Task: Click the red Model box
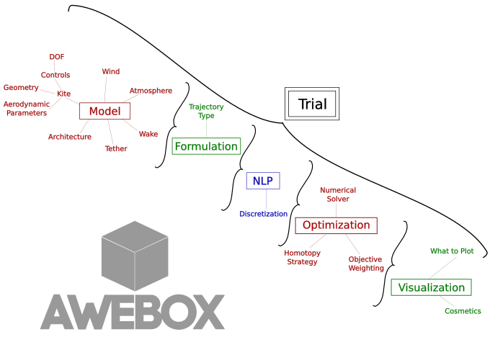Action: click(x=104, y=111)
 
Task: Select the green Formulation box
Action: click(x=206, y=146)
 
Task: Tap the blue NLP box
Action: click(x=262, y=181)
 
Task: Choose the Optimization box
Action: click(x=336, y=225)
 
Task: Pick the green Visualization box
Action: click(x=431, y=287)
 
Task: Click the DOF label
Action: click(x=57, y=57)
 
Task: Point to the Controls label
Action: click(x=55, y=75)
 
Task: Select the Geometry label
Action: click(x=21, y=88)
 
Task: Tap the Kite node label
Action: click(x=64, y=94)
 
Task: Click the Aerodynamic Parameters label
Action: click(x=27, y=109)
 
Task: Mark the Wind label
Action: click(x=111, y=72)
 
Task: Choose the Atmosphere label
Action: click(x=151, y=91)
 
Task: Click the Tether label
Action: click(x=116, y=148)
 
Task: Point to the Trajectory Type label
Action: click(x=206, y=111)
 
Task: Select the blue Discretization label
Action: click(x=264, y=214)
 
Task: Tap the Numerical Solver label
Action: click(x=338, y=194)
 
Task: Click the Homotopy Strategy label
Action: click(x=302, y=257)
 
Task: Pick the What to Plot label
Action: click(x=452, y=251)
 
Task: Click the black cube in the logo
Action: click(x=135, y=256)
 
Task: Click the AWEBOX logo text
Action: click(x=133, y=312)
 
